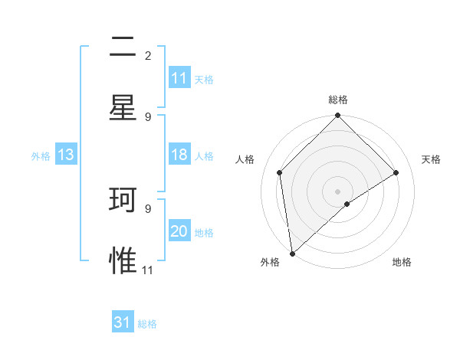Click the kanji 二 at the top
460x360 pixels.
point(123,47)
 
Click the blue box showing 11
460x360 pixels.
point(179,78)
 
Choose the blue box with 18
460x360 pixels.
point(179,155)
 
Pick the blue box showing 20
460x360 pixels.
point(179,231)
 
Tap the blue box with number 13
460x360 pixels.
point(66,155)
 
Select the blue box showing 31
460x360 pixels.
point(123,322)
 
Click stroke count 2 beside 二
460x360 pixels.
point(148,55)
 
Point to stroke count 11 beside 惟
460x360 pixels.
point(148,270)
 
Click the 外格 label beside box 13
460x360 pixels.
point(41,155)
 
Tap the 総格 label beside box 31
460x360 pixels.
point(147,323)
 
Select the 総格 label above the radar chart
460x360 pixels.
point(338,100)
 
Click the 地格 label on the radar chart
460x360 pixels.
point(402,262)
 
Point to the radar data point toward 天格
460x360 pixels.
point(396,172)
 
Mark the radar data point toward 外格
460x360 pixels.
point(292,254)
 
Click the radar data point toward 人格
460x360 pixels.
point(280,172)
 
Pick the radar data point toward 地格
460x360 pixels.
point(347,204)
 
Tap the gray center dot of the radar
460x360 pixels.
point(338,191)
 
